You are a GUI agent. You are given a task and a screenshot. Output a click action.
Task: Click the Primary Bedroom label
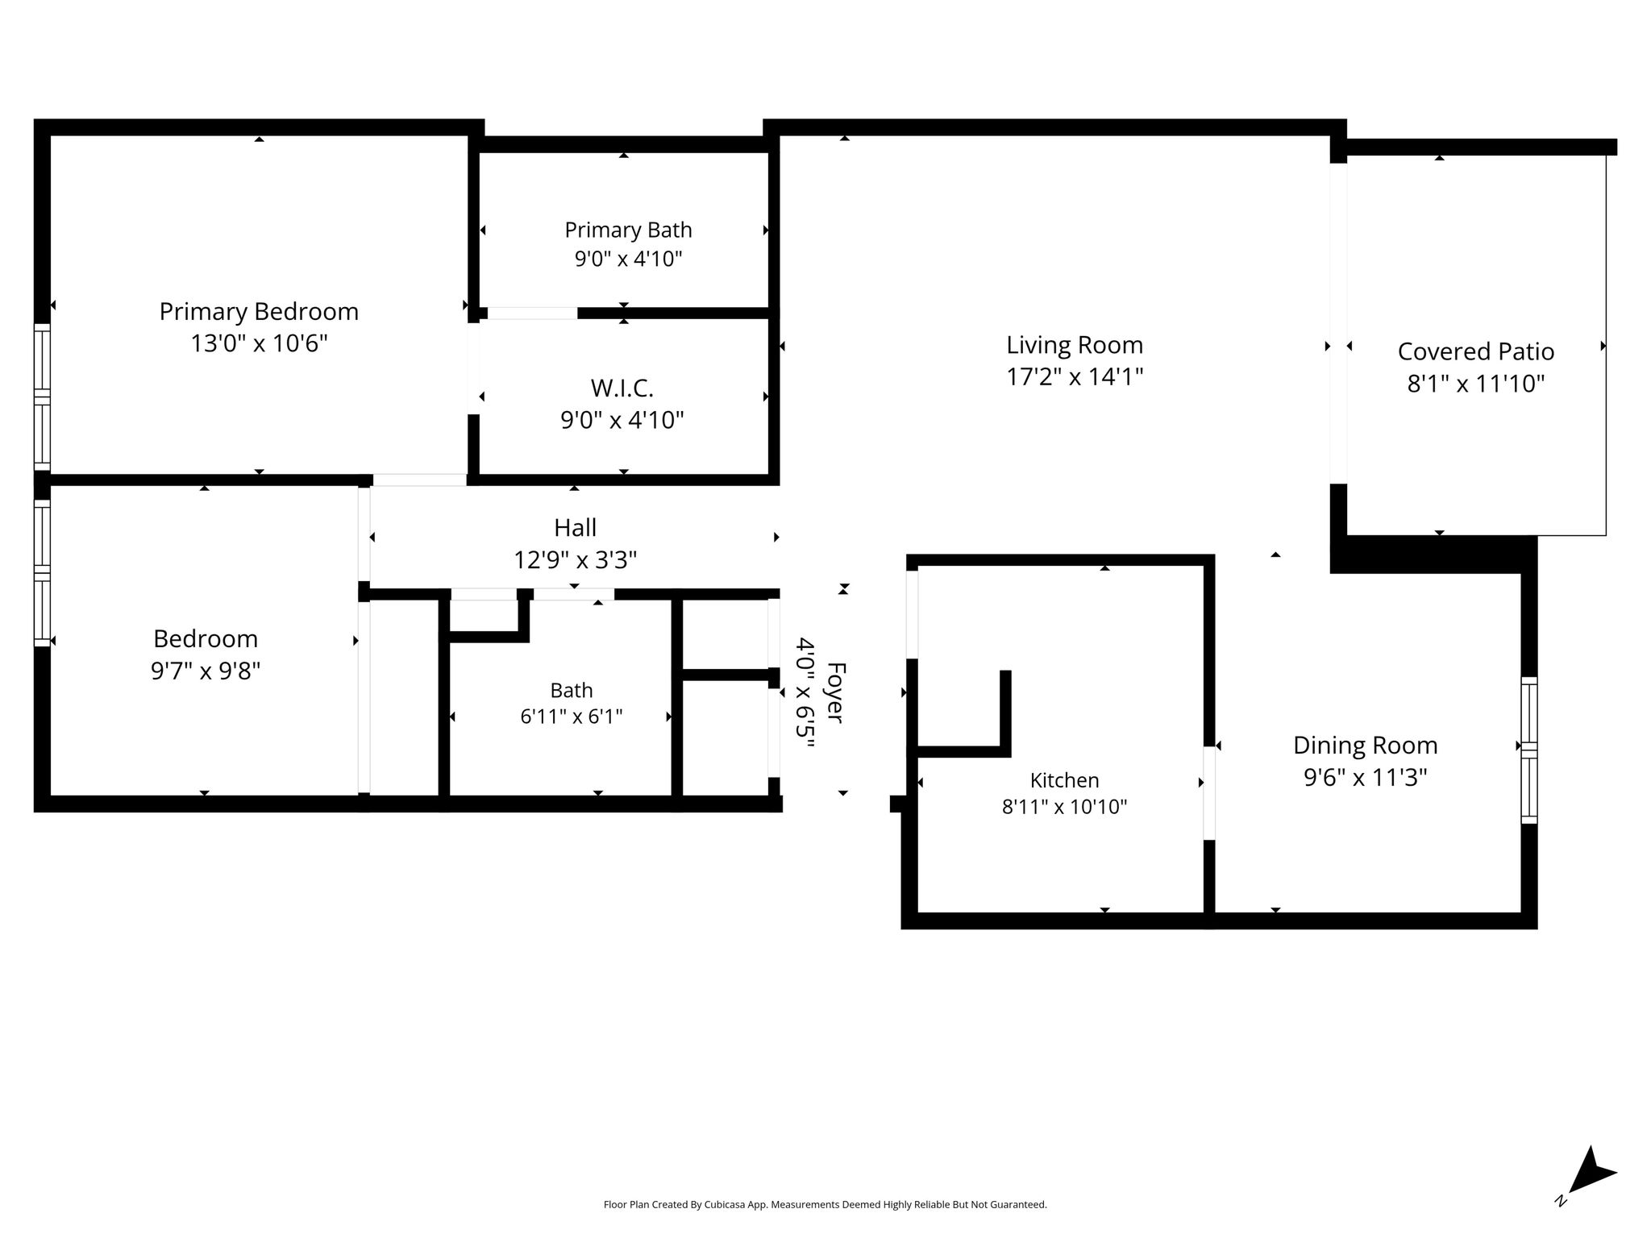click(x=259, y=312)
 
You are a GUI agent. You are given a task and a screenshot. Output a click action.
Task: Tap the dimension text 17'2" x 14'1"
click(x=1075, y=376)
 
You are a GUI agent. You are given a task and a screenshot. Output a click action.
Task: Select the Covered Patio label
click(x=1476, y=351)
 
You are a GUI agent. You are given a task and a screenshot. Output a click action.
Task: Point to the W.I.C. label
click(x=622, y=388)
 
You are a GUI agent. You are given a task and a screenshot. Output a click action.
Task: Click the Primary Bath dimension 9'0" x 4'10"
click(x=628, y=259)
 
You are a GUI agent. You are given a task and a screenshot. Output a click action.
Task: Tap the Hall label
click(x=575, y=528)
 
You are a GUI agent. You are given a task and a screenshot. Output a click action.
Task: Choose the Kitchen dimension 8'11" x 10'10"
click(x=1064, y=807)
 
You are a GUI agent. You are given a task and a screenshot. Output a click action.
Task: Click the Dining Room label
click(x=1366, y=746)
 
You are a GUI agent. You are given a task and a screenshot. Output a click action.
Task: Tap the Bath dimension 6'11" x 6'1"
click(x=572, y=717)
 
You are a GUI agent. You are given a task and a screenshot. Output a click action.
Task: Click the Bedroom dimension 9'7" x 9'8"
click(x=206, y=671)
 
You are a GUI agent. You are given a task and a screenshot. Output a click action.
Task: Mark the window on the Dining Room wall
click(x=1529, y=750)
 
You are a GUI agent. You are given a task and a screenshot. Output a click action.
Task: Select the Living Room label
click(x=1075, y=345)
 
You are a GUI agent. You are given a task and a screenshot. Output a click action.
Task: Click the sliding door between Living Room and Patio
click(x=1338, y=323)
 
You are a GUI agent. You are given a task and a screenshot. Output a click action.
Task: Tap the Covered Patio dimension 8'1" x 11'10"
click(x=1476, y=384)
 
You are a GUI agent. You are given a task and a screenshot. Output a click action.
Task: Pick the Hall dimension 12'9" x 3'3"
click(x=575, y=559)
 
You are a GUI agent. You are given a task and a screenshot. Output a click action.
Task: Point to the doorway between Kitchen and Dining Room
click(x=1209, y=793)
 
